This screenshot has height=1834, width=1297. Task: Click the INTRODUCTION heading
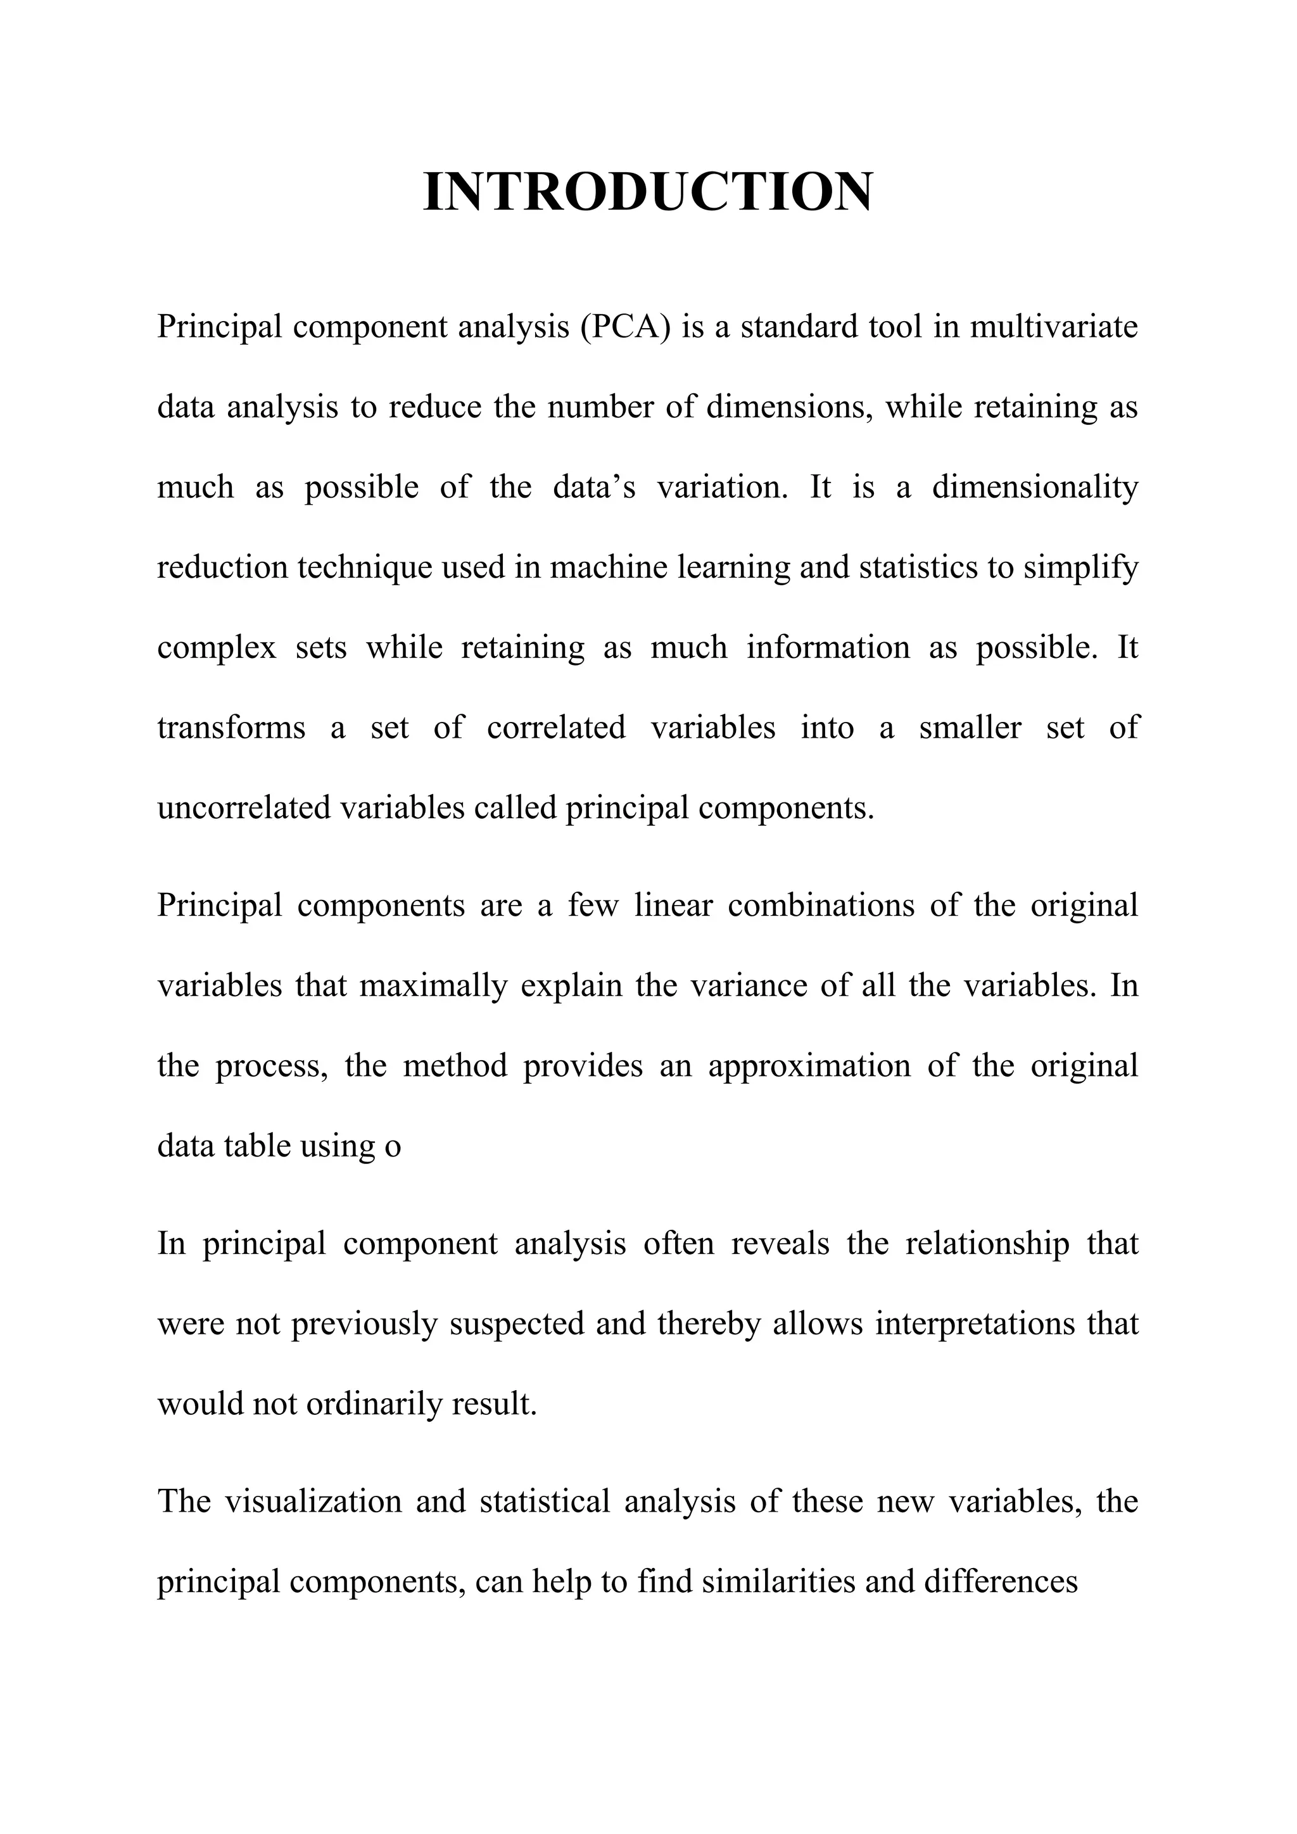coord(648,193)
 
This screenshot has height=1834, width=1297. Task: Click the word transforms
coord(231,728)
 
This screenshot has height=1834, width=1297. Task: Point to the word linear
coord(673,905)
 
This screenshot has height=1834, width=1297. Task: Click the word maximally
coord(433,985)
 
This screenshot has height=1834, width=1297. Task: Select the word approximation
coord(808,1066)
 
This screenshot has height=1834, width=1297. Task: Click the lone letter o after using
coord(392,1147)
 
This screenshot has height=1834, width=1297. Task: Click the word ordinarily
coord(373,1404)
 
